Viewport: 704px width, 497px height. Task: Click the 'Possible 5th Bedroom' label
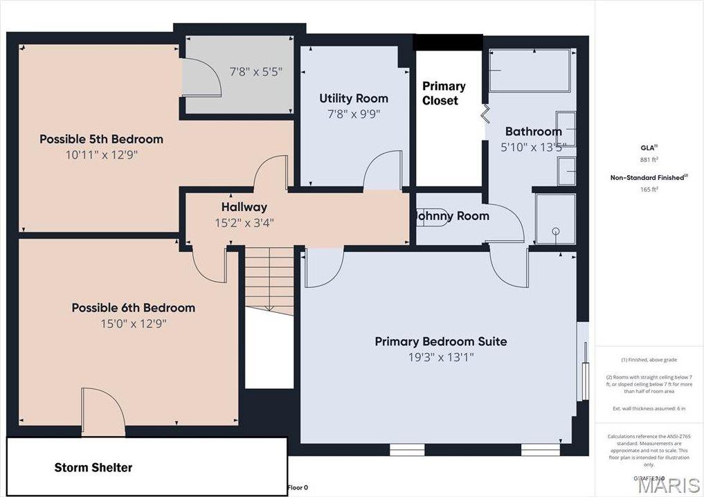(x=101, y=139)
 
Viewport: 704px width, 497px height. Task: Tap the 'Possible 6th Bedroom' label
(x=133, y=308)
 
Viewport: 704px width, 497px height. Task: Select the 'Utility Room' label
(x=353, y=98)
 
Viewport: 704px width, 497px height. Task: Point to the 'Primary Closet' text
(x=444, y=93)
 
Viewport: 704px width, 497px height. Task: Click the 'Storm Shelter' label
(x=93, y=468)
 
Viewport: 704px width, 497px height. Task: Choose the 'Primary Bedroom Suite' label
(x=440, y=341)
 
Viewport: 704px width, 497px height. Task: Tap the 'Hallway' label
(x=244, y=207)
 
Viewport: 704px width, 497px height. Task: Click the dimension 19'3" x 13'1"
(x=440, y=358)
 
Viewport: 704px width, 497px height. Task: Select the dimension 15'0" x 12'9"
(x=133, y=324)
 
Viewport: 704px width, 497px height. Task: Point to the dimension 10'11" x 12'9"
(x=101, y=155)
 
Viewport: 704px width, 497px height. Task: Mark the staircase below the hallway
(x=270, y=280)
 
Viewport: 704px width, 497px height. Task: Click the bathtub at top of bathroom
(x=530, y=71)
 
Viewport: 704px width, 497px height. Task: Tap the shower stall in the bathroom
(x=555, y=219)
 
